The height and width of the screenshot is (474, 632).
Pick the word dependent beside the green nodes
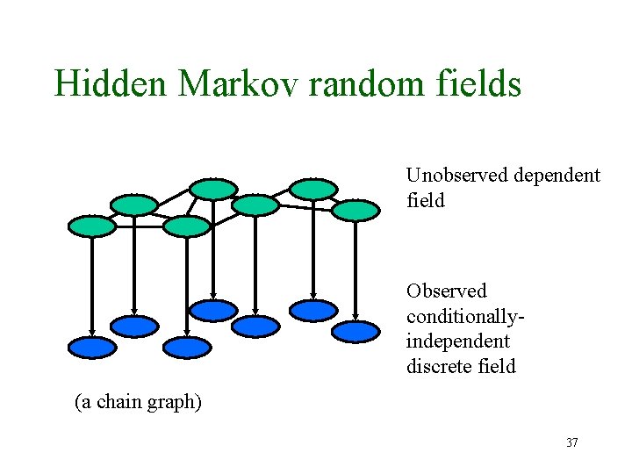click(x=558, y=176)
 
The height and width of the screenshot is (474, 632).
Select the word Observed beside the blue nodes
click(x=446, y=291)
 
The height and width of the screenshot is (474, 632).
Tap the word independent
click(x=457, y=340)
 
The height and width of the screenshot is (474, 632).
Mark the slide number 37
click(x=571, y=443)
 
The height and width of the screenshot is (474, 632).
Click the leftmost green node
click(x=92, y=226)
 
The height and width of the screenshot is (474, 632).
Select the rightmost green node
click(x=355, y=211)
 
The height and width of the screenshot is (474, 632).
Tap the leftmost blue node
click(x=92, y=348)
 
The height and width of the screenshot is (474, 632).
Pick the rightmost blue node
click(x=355, y=332)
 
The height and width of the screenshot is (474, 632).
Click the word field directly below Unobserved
click(x=426, y=200)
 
